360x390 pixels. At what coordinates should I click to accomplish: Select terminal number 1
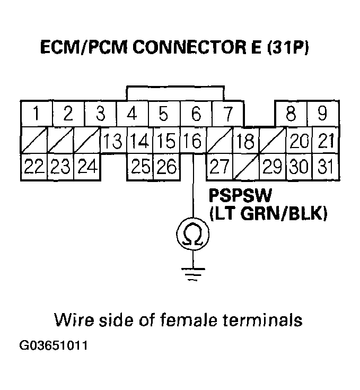[x=36, y=114]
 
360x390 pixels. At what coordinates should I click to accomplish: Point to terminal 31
[x=324, y=167]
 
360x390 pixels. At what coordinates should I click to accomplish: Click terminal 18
[x=245, y=142]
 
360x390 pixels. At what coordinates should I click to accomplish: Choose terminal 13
[x=112, y=141]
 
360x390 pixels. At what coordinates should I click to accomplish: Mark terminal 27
[x=218, y=167]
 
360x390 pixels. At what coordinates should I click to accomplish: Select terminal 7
[x=227, y=114]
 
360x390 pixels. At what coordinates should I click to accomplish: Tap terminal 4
[x=133, y=114]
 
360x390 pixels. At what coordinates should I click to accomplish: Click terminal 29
[x=272, y=167]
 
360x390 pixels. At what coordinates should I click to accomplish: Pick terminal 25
[x=140, y=167]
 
